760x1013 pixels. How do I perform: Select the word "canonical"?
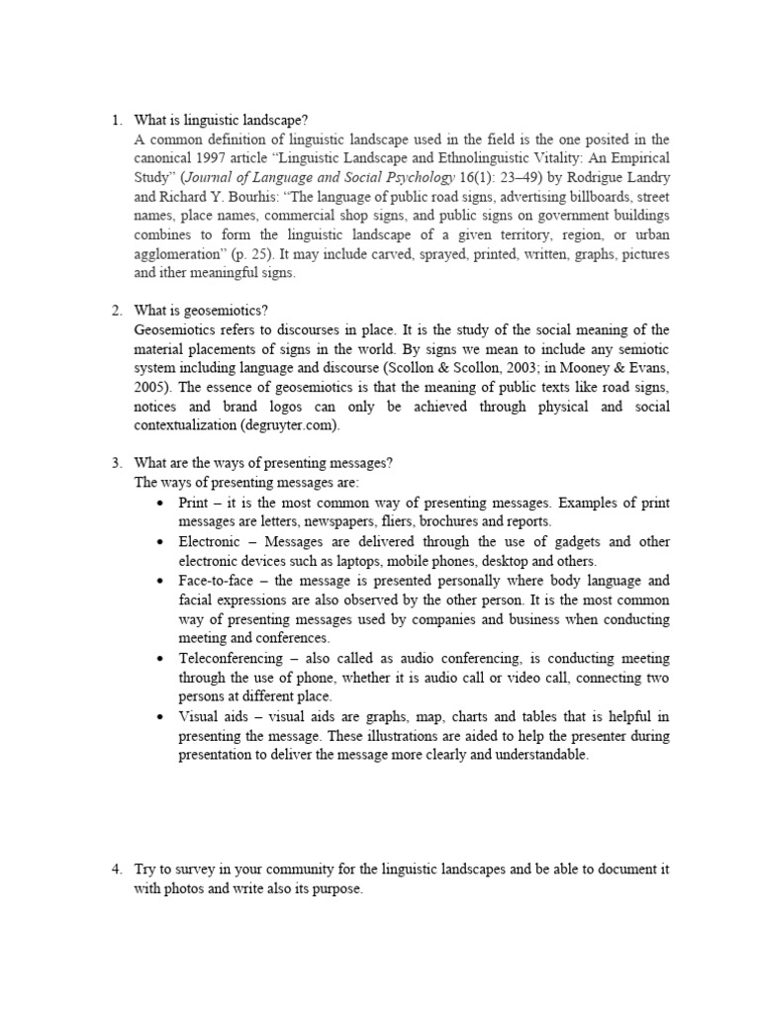(x=164, y=158)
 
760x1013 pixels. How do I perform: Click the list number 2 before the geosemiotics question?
(x=116, y=311)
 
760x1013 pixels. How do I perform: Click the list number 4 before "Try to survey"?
(x=116, y=869)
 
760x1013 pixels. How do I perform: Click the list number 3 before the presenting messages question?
(x=116, y=463)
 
